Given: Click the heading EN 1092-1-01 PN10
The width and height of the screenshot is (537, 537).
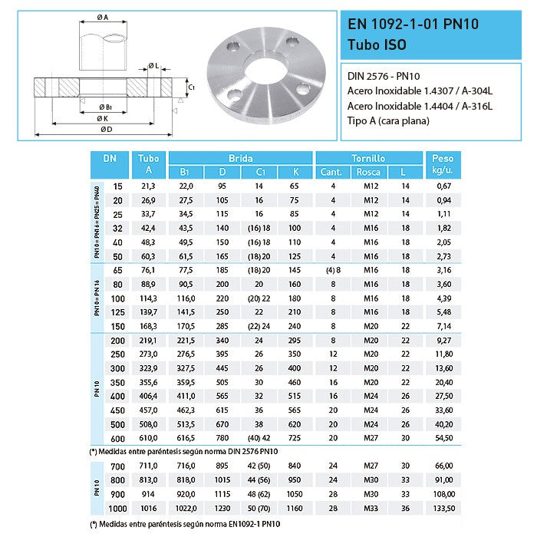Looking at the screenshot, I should pyautogui.click(x=413, y=24).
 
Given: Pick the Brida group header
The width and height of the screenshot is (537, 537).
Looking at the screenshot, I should pyautogui.click(x=241, y=157).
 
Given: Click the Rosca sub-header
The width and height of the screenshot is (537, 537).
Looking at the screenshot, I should pyautogui.click(x=372, y=172).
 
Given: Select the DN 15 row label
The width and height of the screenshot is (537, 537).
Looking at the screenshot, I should pyautogui.click(x=117, y=186).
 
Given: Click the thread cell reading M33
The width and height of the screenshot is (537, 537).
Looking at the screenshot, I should pyautogui.click(x=372, y=509).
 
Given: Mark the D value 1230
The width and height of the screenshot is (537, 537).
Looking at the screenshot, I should pyautogui.click(x=222, y=509).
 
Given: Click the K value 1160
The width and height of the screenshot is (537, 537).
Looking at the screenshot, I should pyautogui.click(x=295, y=509).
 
